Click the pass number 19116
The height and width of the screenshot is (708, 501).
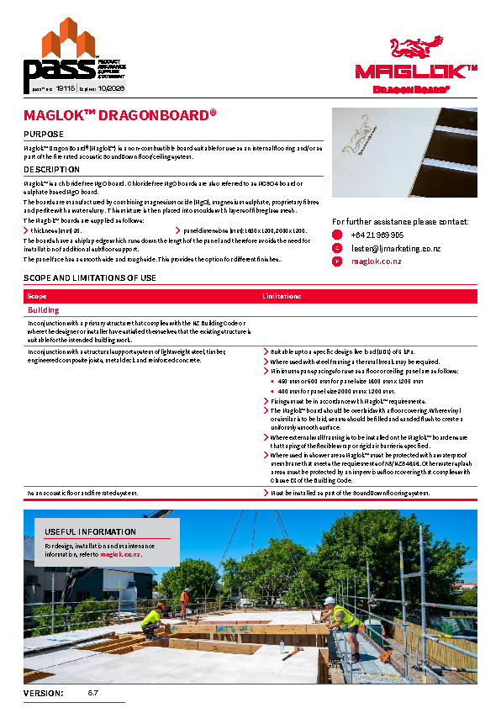[66, 87]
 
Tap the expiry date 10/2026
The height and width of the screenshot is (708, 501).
[111, 87]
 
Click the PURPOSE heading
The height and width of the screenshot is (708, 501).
[43, 134]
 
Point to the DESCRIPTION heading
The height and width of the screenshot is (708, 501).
[52, 169]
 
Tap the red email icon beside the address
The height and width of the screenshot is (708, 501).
[337, 249]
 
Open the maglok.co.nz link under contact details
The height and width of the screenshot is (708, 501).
[376, 262]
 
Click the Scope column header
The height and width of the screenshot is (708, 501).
[37, 296]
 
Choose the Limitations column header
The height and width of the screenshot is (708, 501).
[282, 296]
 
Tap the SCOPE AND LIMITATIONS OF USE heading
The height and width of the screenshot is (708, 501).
[90, 277]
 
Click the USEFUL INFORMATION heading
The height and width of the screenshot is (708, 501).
[90, 531]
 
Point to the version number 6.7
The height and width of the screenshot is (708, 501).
[93, 694]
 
